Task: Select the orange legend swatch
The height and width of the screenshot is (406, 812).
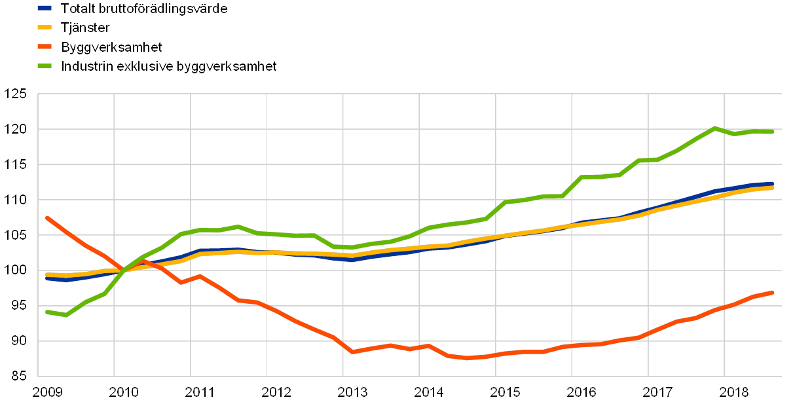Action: (45, 47)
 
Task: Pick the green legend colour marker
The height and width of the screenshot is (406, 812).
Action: (45, 66)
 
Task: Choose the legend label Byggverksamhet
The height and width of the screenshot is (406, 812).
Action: (113, 47)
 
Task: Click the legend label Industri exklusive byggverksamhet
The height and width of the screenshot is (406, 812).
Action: (170, 66)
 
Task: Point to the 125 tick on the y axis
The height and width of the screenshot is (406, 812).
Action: (16, 94)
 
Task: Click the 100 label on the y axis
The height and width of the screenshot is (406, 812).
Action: (16, 270)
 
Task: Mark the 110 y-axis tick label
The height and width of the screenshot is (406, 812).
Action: (16, 200)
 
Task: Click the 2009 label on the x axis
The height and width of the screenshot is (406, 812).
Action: (48, 392)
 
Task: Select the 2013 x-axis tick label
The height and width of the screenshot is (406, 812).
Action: (352, 392)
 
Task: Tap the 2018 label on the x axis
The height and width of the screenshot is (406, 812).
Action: (734, 392)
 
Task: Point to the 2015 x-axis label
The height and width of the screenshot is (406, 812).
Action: (505, 392)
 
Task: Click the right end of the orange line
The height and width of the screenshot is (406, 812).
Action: (773, 292)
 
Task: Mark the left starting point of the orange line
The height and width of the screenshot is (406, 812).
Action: (47, 217)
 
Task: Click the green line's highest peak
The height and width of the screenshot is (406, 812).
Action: (714, 128)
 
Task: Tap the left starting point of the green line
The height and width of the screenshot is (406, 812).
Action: (47, 312)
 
